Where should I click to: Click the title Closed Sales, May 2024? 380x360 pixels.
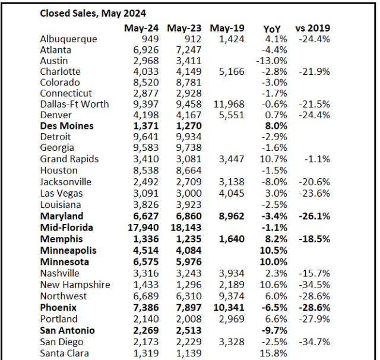(x=92, y=13)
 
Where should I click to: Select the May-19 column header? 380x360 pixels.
(x=227, y=28)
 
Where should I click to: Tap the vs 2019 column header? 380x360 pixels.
(x=313, y=28)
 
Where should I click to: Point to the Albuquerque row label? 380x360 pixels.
(x=68, y=39)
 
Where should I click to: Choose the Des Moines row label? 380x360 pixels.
(x=67, y=126)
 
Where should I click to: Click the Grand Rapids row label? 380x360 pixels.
(x=69, y=159)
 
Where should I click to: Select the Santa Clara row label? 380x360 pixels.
(x=65, y=353)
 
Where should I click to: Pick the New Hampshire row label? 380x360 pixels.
(x=75, y=285)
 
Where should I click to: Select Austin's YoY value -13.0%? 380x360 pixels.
(x=272, y=61)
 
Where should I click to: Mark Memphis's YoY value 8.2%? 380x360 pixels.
(x=275, y=239)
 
